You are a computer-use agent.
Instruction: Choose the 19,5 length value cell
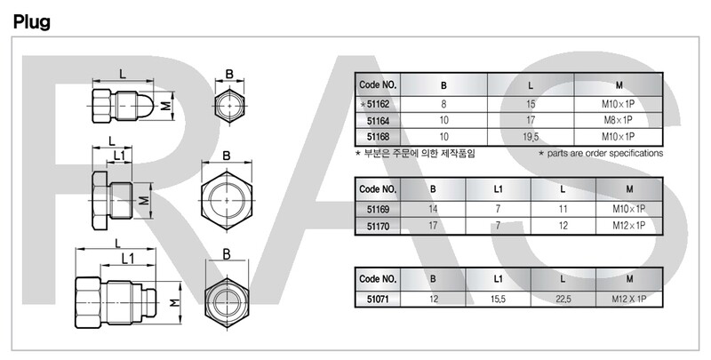click(x=530, y=136)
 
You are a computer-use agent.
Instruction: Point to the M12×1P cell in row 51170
click(x=629, y=225)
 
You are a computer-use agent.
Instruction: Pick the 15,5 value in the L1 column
click(x=498, y=298)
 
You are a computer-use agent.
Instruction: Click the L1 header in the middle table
click(x=498, y=189)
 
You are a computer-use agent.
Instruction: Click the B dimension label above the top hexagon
click(x=229, y=75)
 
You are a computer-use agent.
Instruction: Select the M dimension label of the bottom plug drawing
click(x=177, y=303)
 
